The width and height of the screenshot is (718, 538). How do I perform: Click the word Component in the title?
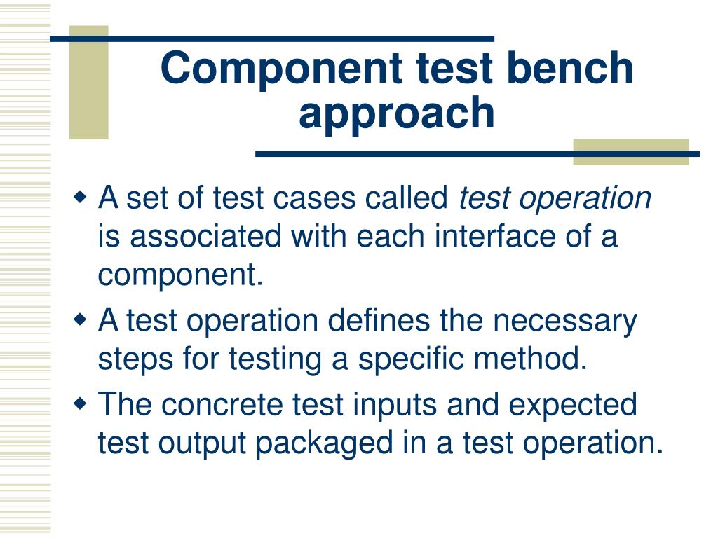click(x=280, y=69)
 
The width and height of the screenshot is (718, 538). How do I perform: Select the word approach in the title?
click(x=396, y=113)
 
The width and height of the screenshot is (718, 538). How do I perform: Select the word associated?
click(x=207, y=237)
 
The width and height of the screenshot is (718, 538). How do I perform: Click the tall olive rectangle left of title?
click(x=89, y=83)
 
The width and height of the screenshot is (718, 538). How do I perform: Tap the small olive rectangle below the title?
click(x=630, y=152)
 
